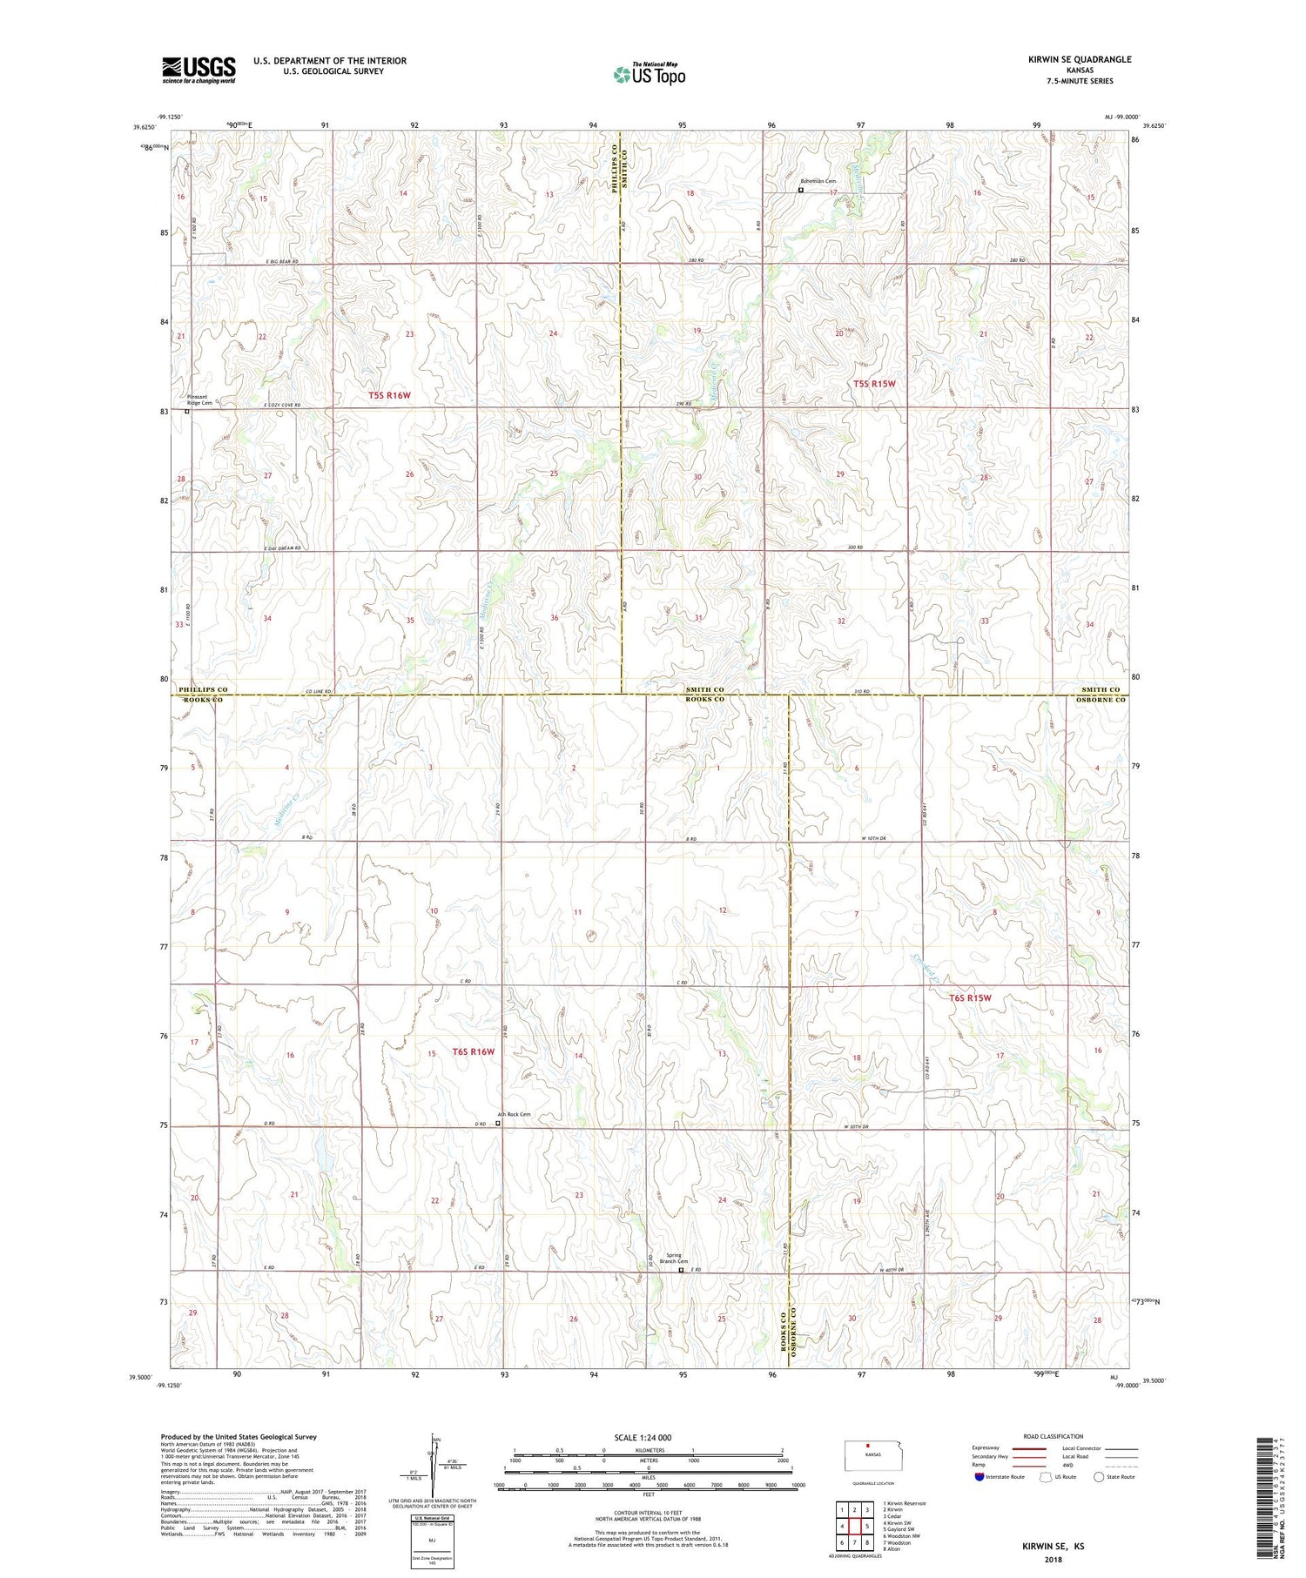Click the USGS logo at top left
[x=199, y=70]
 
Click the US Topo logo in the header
[x=649, y=74]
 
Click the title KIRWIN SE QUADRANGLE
[x=1080, y=59]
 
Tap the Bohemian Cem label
[x=818, y=181]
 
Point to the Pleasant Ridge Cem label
[x=200, y=400]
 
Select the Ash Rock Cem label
[x=514, y=1114]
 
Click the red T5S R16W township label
[x=388, y=395]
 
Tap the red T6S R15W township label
[x=970, y=998]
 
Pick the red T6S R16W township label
[x=473, y=1051]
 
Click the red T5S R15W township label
[x=873, y=384]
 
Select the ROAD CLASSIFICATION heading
[x=1054, y=1436]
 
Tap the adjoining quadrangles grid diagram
[x=854, y=1526]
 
